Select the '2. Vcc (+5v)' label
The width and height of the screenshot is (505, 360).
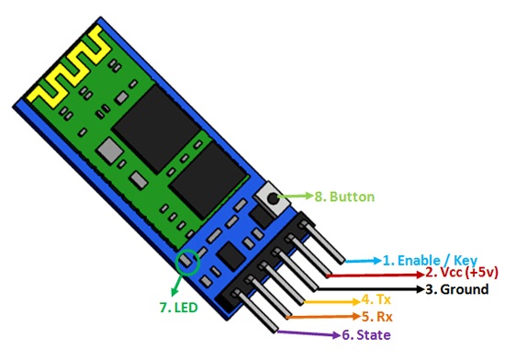[x=460, y=274]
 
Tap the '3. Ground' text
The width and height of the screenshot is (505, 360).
[x=455, y=288]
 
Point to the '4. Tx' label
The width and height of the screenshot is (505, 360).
[x=378, y=300]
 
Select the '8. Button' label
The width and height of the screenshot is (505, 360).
[x=344, y=197]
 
